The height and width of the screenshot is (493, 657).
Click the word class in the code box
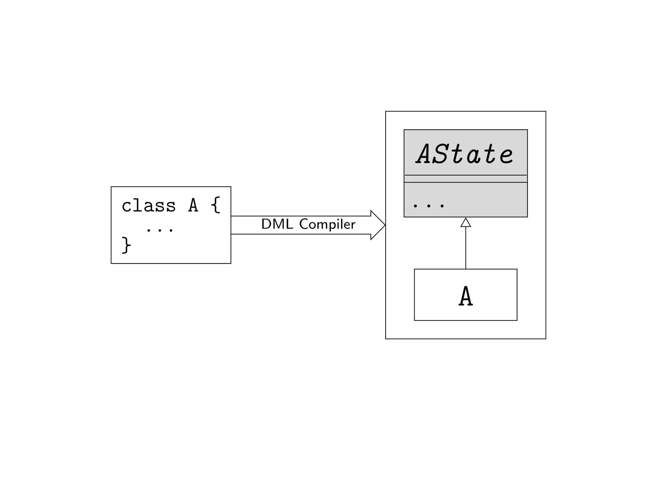[x=149, y=206]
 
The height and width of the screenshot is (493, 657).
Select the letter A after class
[x=193, y=205]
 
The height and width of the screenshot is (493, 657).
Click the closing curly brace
[x=126, y=245]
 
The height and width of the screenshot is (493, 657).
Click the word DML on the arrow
[x=277, y=224]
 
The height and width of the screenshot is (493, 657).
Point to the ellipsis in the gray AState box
[x=429, y=206]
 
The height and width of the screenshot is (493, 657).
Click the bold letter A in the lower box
[x=465, y=296]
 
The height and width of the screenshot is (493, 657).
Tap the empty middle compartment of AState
[x=465, y=179]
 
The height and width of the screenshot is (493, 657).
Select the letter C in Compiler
[x=304, y=224]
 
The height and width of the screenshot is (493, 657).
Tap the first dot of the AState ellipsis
[x=415, y=206]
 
